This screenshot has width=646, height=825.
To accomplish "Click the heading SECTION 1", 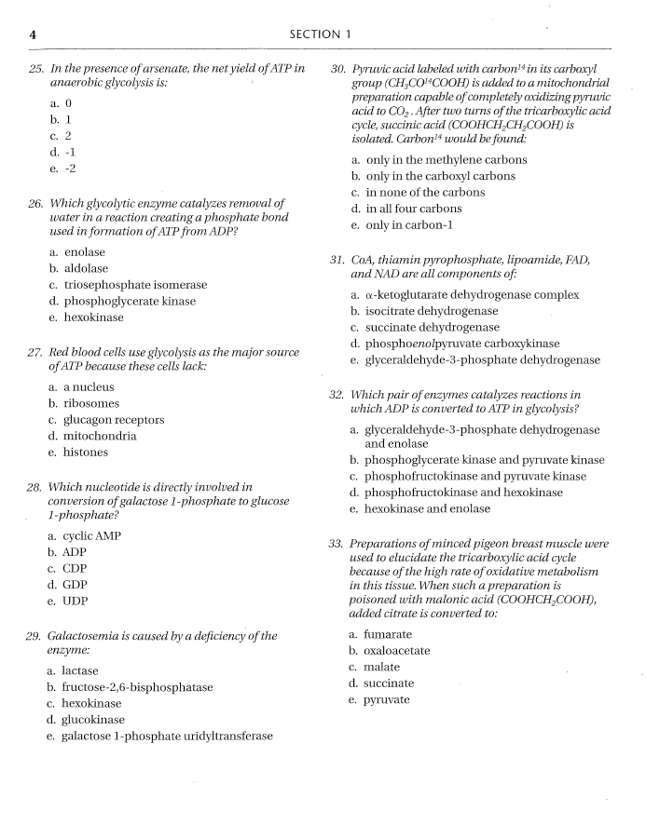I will pos(321,34).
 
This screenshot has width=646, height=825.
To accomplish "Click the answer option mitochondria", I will pos(99,436).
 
